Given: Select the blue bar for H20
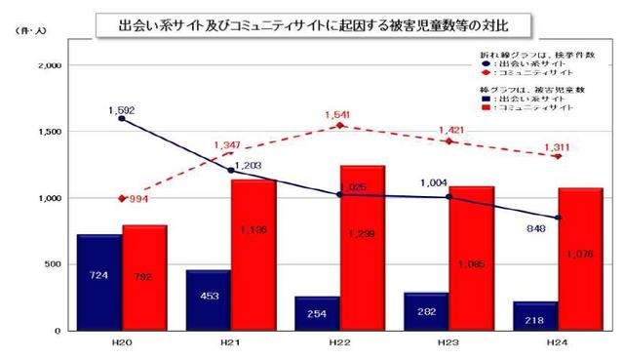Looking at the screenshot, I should coord(99,282).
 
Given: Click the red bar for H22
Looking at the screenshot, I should coord(363,248).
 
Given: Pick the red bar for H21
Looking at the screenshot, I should coord(253,255).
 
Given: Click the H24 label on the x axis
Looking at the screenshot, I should coord(557,342).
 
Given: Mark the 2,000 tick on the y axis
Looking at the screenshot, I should coord(49,65).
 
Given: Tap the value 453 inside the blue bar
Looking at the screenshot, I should coord(208,298).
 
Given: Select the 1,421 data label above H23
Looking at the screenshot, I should coord(449,128).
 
